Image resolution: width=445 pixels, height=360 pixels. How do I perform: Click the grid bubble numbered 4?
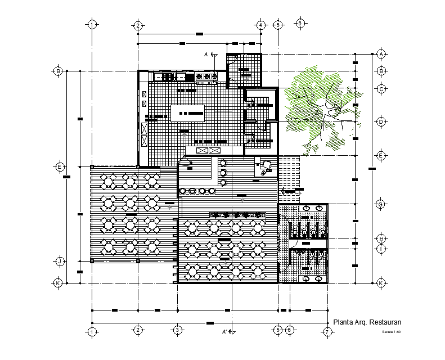pos(261,25)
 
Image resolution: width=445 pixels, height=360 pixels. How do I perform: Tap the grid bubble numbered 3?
pos(177,330)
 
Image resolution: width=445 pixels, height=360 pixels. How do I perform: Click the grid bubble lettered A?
pos(381,54)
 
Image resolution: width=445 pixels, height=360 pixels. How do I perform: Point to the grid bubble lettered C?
pos(381,89)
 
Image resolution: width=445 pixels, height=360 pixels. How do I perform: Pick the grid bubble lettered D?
pos(381,121)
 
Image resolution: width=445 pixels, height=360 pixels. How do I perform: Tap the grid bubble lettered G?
pos(381,204)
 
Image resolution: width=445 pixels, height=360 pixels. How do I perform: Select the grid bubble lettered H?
pos(381,238)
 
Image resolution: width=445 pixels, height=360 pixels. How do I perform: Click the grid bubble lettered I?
pos(381,248)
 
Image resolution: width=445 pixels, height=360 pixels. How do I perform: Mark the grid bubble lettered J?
pos(58,261)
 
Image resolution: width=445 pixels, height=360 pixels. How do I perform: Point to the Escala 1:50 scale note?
pos(390,333)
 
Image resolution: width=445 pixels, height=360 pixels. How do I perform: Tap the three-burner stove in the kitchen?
pos(206,76)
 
